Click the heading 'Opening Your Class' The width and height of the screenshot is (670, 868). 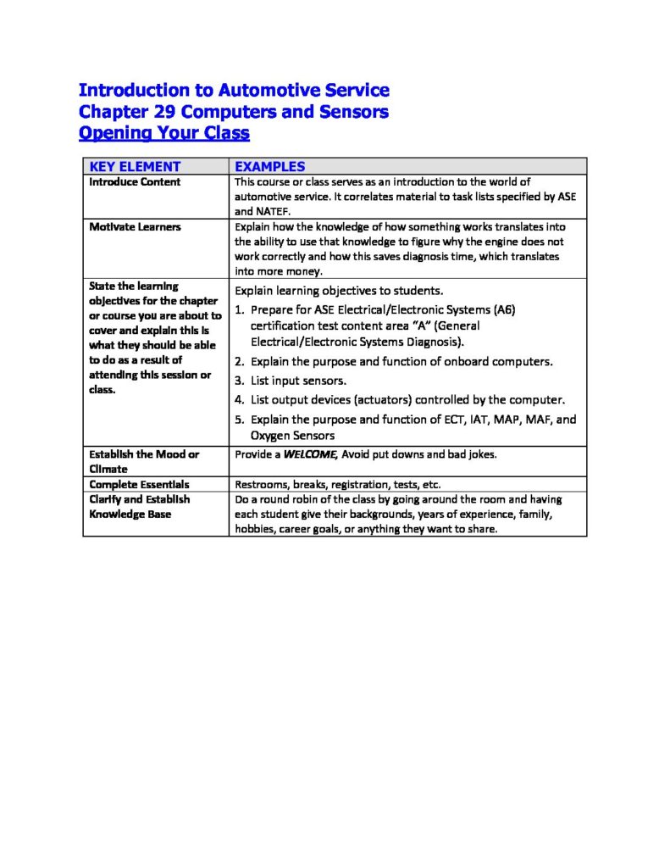click(164, 133)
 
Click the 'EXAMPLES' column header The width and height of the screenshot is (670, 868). click(269, 167)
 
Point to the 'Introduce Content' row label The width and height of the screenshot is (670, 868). click(135, 181)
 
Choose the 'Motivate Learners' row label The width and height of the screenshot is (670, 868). click(135, 227)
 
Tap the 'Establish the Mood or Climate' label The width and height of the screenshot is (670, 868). click(144, 461)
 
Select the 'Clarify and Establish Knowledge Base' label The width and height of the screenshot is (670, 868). click(140, 507)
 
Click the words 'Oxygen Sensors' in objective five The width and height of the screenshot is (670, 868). click(292, 436)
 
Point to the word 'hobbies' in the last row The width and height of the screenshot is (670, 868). click(254, 529)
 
